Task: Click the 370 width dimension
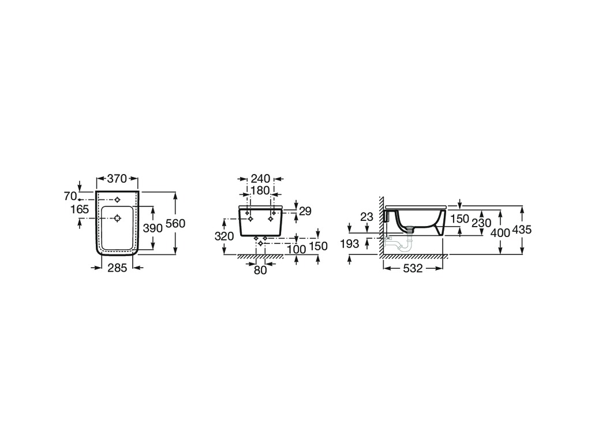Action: tap(117, 179)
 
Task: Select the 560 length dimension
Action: tap(175, 224)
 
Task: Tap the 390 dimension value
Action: tap(152, 228)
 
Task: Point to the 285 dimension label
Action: tap(118, 268)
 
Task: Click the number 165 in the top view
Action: tap(80, 209)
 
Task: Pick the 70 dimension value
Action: tap(70, 197)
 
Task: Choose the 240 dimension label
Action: tap(260, 179)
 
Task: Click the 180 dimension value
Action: tap(260, 190)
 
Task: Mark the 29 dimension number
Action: tap(305, 211)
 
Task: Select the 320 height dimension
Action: tap(225, 236)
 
